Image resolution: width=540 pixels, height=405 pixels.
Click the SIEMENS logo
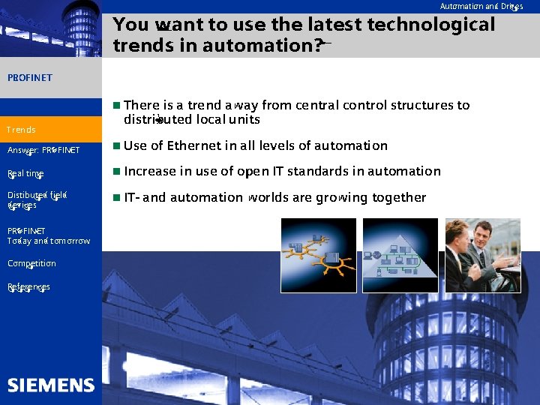click(51, 385)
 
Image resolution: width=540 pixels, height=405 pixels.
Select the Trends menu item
click(21, 130)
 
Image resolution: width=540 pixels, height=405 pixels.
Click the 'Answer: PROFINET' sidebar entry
click(43, 150)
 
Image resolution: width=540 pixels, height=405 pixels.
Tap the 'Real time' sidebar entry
click(25, 174)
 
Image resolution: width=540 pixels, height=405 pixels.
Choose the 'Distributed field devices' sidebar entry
click(37, 199)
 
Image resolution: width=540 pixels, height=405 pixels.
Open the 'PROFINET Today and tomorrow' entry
click(48, 236)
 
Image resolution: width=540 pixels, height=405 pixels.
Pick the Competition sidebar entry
click(31, 263)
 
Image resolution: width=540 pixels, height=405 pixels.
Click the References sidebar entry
click(28, 286)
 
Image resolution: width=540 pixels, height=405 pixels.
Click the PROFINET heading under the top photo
click(29, 77)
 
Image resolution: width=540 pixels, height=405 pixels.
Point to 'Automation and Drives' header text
click(481, 7)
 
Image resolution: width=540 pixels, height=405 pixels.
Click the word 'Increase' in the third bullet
click(148, 171)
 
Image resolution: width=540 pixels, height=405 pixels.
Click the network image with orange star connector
click(318, 255)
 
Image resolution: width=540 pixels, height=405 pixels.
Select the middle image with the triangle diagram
click(400, 255)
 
